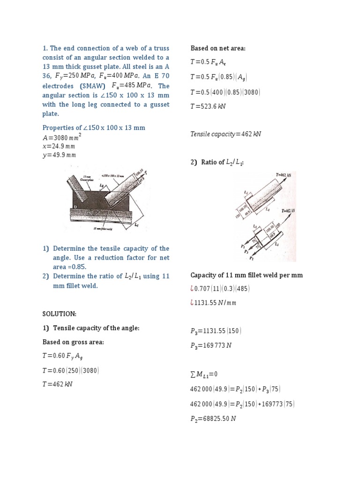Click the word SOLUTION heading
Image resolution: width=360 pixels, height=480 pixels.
click(x=59, y=313)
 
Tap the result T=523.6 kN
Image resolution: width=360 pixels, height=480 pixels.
click(x=208, y=106)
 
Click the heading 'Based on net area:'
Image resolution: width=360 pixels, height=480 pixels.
click(x=218, y=48)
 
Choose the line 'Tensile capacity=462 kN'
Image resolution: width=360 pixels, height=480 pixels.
click(x=225, y=134)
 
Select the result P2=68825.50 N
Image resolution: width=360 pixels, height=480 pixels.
click(x=213, y=419)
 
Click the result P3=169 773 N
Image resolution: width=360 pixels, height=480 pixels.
click(x=211, y=345)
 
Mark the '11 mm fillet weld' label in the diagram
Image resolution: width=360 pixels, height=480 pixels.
click(x=104, y=228)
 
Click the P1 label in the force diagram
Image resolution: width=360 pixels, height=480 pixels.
click(x=252, y=258)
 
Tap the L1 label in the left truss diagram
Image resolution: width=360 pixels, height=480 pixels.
click(x=137, y=225)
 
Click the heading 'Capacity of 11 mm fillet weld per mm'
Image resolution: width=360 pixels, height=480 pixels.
click(x=247, y=275)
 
